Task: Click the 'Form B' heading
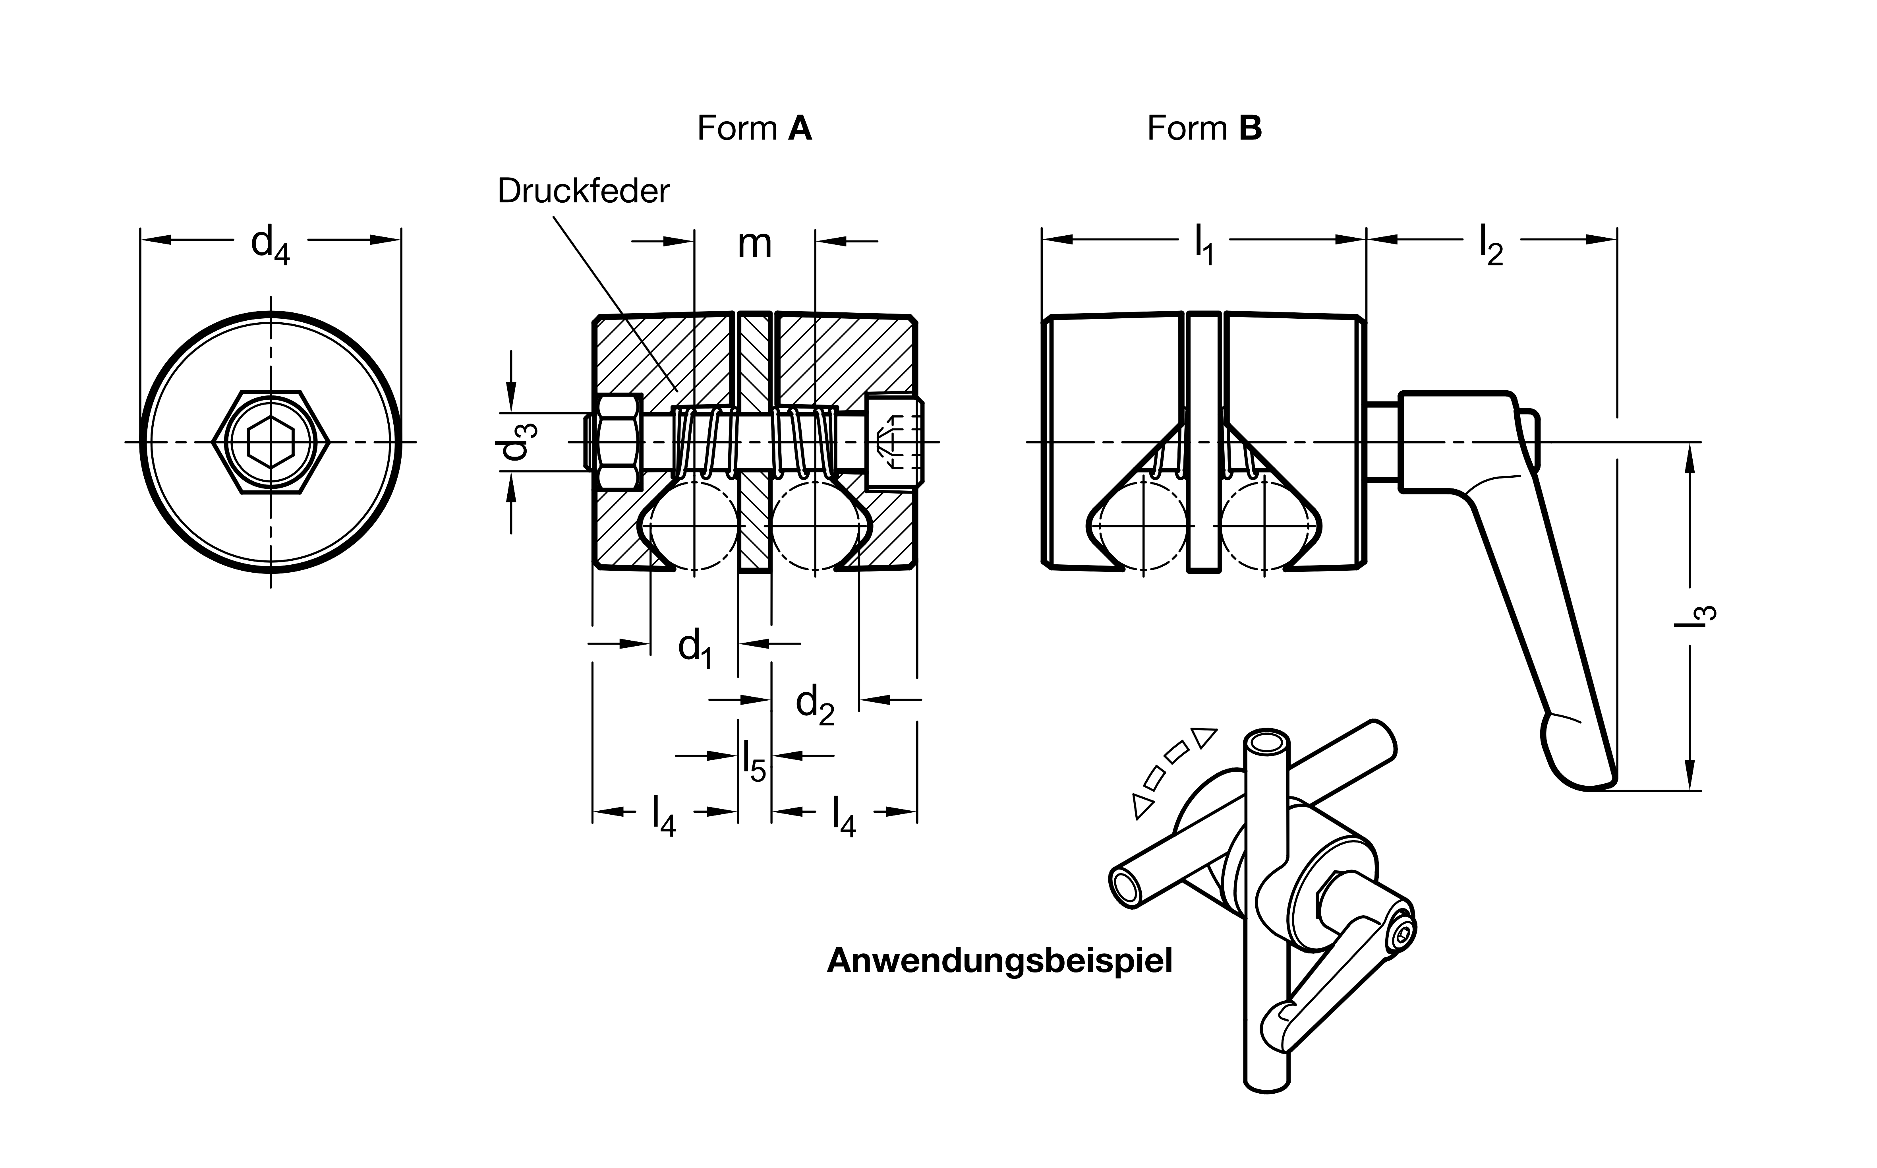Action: click(1204, 128)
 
